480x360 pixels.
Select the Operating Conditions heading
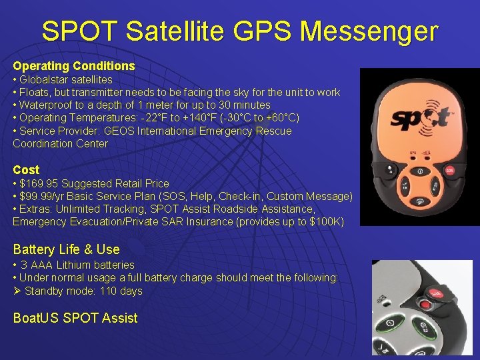point(74,66)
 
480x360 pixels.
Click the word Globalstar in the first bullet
point(45,79)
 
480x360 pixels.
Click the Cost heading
point(26,170)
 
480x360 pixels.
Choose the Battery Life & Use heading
point(66,249)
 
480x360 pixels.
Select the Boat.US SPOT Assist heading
point(75,318)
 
